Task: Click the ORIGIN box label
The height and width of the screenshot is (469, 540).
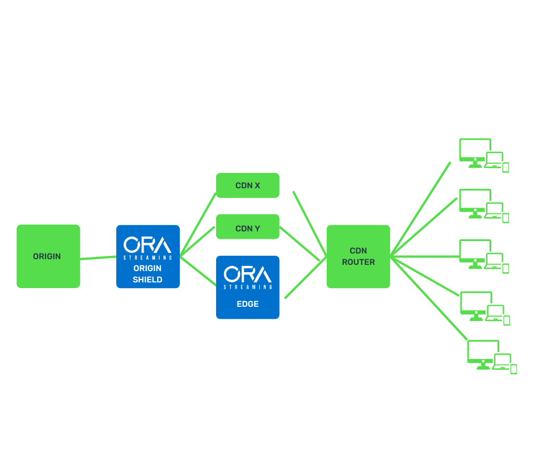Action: [47, 256]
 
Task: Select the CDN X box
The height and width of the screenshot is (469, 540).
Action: [247, 185]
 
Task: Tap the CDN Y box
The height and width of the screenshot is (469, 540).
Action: [247, 229]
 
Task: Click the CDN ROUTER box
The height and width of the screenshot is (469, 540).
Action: [358, 256]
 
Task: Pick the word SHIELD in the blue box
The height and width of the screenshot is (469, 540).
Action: [147, 280]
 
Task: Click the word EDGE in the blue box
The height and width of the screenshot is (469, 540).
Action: [247, 304]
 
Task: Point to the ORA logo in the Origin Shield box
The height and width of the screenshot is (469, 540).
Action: [147, 245]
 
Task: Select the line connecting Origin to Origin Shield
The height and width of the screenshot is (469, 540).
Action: [98, 258]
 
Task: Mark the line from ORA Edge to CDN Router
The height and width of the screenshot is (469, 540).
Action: [305, 278]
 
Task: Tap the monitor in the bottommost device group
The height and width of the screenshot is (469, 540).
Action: [482, 353]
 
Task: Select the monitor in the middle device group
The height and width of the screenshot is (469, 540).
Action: [474, 252]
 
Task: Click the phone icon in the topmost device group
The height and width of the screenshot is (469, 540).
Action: [505, 167]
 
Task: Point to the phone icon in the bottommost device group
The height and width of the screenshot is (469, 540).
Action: [513, 369]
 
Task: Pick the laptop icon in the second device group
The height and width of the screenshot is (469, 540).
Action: [493, 210]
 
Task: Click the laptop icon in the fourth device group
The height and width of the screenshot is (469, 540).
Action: [495, 312]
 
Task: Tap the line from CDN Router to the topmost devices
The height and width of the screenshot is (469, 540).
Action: [421, 208]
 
